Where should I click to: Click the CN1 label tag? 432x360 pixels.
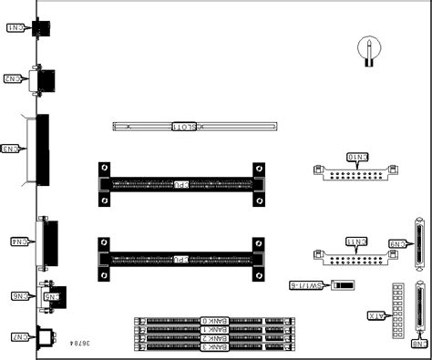[x=16, y=28]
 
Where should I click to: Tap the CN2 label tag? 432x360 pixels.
[x=14, y=79]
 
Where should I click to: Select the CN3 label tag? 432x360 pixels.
[x=12, y=148]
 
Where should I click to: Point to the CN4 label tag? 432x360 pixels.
[x=18, y=242]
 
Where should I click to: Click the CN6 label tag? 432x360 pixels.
[x=20, y=295]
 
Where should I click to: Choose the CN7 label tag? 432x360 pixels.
[x=17, y=337]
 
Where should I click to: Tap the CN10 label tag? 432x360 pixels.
[x=357, y=158]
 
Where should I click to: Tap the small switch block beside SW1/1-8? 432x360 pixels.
[x=341, y=285]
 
